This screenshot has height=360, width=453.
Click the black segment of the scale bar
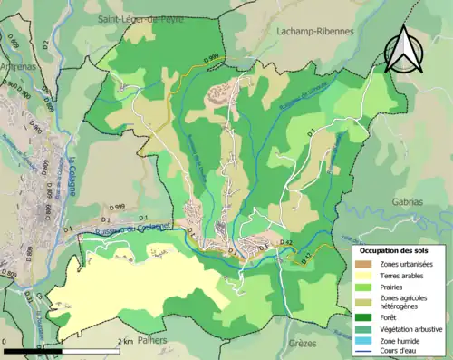pos(33,349)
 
